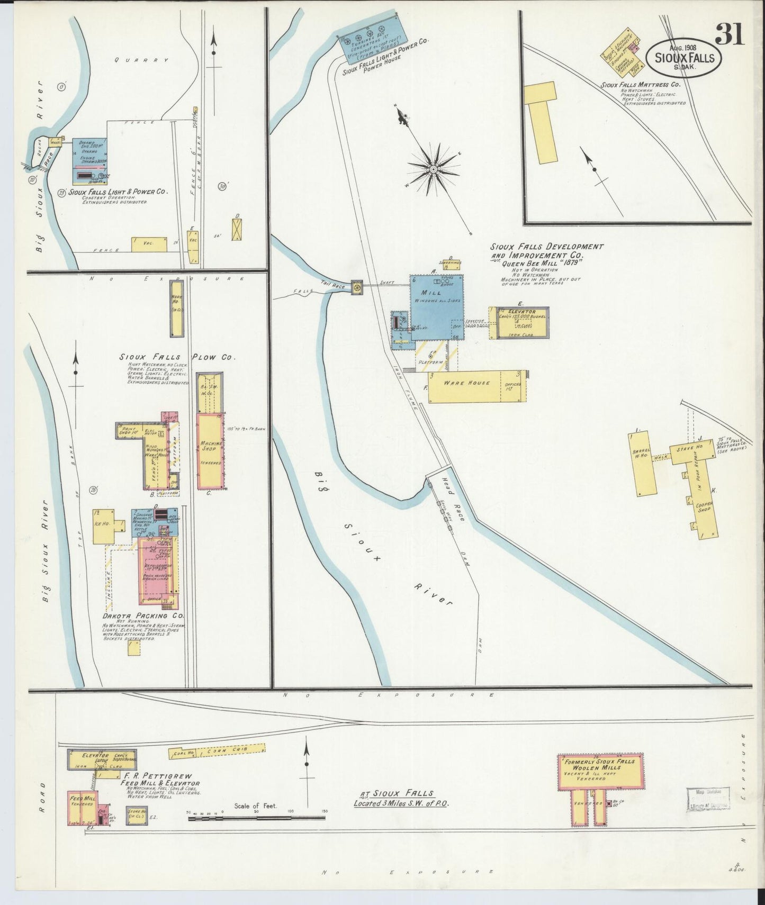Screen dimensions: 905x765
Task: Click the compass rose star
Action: click(433, 169)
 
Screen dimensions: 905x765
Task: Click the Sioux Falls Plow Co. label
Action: click(177, 357)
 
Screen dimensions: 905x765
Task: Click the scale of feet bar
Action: click(256, 818)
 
